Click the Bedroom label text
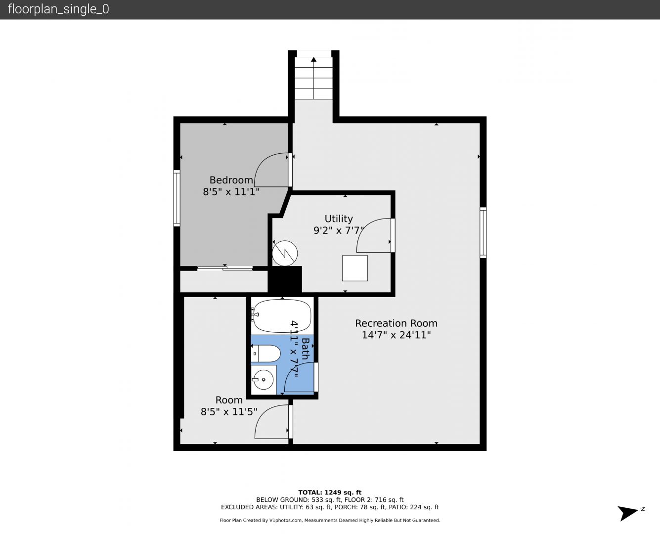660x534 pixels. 231,180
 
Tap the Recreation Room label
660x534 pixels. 396,323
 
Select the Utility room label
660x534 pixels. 339,219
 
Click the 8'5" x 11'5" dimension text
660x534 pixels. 229,411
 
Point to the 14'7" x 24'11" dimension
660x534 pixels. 396,335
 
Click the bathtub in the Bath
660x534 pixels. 282,316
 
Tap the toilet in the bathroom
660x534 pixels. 265,354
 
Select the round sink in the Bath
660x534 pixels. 263,380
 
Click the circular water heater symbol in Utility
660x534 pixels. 285,253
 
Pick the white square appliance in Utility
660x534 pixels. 355,268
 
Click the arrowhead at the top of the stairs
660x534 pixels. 314,59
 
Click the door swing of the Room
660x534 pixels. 264,413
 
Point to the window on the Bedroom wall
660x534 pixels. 176,198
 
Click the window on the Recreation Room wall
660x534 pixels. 483,233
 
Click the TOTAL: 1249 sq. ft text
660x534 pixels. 330,492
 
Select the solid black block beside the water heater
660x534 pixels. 285,279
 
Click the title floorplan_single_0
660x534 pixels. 58,9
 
